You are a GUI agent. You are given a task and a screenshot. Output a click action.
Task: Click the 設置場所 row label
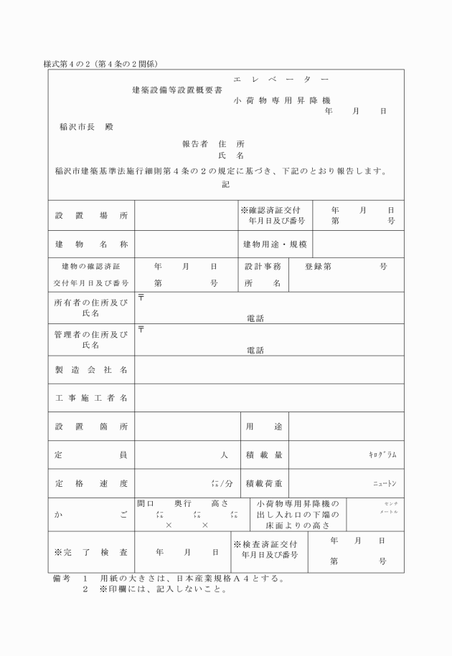point(91,215)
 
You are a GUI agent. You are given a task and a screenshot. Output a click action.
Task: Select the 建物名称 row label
point(91,244)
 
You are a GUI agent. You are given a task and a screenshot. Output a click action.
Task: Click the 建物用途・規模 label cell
point(275,244)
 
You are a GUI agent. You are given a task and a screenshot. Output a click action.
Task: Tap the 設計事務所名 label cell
point(262,275)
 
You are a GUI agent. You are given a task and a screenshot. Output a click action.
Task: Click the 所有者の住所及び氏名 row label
point(91,308)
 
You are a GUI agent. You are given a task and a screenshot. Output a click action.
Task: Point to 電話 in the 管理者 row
point(255,351)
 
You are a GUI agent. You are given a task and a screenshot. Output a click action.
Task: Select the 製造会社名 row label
point(91,370)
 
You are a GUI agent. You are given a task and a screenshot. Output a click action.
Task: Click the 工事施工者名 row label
point(91,398)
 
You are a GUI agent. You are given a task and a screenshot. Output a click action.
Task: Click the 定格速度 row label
point(91,483)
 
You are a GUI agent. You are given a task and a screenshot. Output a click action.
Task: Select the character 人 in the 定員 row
point(224,455)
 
